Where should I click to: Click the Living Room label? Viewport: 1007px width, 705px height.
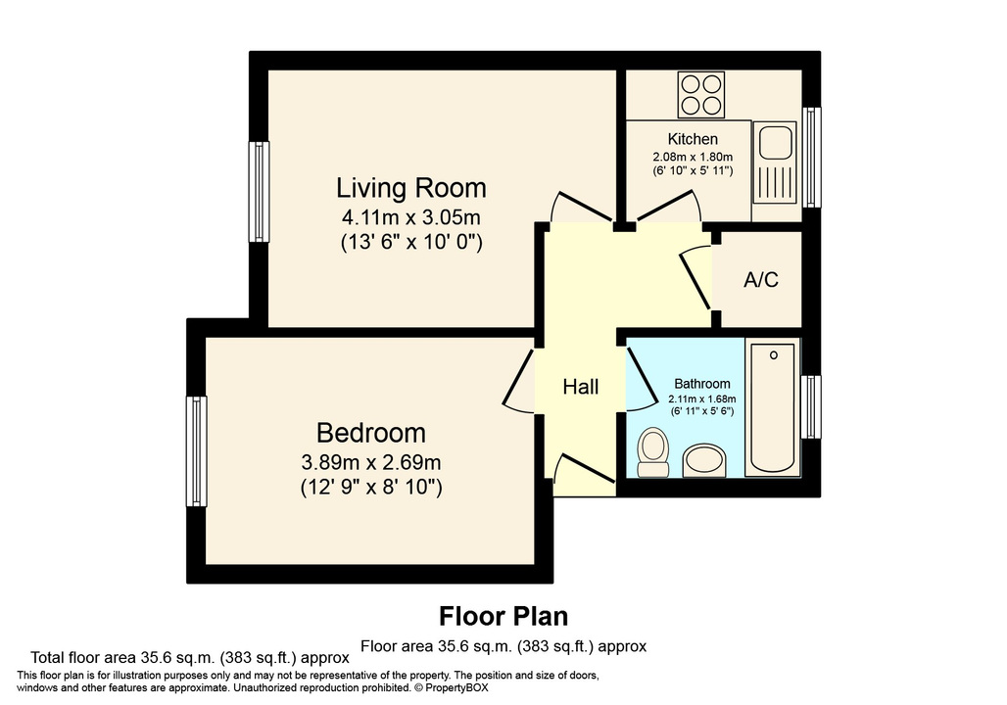(x=410, y=187)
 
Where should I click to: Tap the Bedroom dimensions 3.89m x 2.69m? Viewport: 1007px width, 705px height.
(x=371, y=461)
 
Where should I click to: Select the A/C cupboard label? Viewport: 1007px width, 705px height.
(x=761, y=280)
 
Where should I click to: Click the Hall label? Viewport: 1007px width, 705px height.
(x=580, y=388)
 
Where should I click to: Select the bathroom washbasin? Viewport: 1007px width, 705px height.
(x=703, y=458)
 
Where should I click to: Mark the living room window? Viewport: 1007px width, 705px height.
(x=259, y=192)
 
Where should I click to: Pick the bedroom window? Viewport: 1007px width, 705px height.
(x=196, y=450)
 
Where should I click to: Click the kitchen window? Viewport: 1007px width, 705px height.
(x=812, y=157)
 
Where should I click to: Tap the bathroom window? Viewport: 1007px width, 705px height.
(x=811, y=406)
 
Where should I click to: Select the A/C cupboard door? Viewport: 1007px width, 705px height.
(x=696, y=275)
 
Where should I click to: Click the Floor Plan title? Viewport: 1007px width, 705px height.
(x=503, y=616)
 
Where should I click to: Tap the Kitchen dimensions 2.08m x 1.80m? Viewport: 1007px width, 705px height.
(x=693, y=157)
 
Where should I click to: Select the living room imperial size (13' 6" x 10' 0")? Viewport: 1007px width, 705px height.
(x=410, y=240)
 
